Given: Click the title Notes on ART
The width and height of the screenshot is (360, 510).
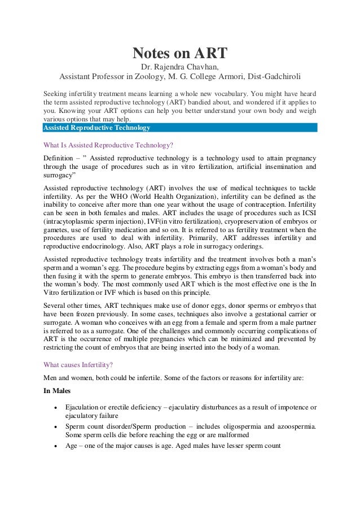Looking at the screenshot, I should tap(179, 54).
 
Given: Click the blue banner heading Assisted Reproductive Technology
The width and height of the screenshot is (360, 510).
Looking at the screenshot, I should tap(96, 128).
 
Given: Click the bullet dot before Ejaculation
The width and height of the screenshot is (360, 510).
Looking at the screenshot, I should tap(54, 407).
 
